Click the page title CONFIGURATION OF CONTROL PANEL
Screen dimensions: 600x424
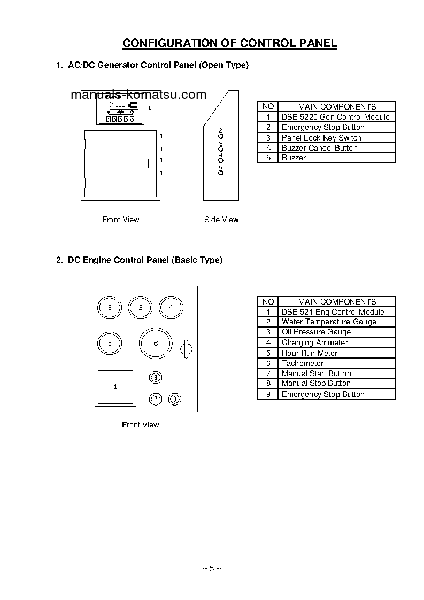coord(230,43)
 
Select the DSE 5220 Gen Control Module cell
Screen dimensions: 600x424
coord(335,117)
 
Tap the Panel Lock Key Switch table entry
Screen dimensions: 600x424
coord(321,138)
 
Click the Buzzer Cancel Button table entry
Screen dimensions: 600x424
coord(319,148)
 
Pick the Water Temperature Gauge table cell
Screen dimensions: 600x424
coord(329,322)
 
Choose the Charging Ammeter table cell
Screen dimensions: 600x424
coord(314,342)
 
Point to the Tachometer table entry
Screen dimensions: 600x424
coord(302,363)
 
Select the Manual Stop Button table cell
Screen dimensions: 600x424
coord(316,383)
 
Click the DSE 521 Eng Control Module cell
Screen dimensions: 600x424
coord(333,312)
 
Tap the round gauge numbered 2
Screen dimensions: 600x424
coord(110,308)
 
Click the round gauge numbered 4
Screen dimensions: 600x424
coord(171,308)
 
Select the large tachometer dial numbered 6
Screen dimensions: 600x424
coord(156,344)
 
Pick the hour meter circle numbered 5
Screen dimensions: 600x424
coord(110,344)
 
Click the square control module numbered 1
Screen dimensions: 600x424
coord(114,386)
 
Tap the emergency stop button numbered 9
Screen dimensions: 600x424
coord(155,378)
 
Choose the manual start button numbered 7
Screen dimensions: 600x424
coord(155,399)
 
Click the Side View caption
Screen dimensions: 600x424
coord(221,220)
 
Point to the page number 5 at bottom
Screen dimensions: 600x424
coord(212,568)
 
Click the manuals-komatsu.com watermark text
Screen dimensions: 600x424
coord(138,95)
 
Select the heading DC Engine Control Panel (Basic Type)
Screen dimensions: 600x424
coord(139,260)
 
